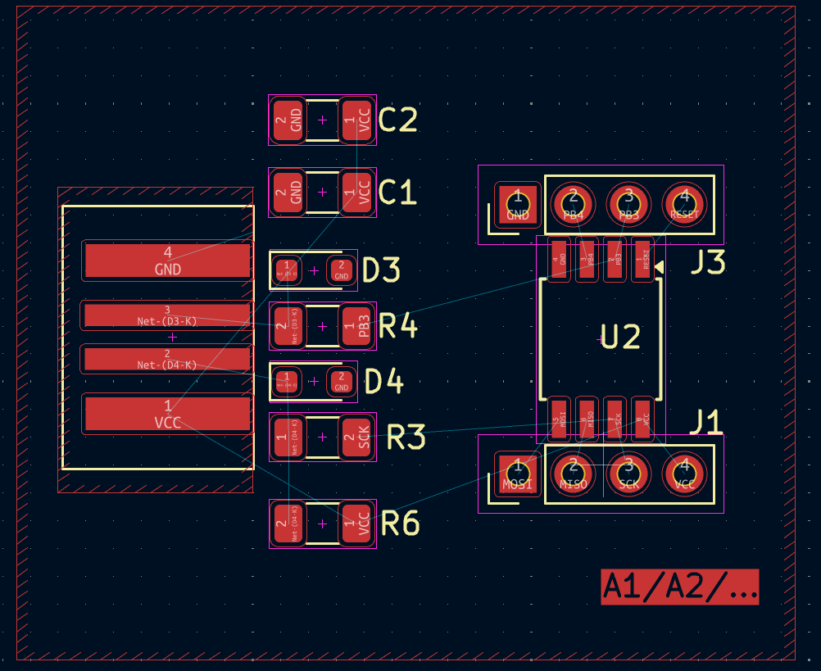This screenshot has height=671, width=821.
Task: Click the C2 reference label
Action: coord(398,120)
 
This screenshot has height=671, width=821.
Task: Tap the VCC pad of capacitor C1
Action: coord(356,192)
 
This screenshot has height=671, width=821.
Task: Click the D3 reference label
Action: coord(381,270)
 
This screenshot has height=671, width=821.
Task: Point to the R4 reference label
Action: coord(398,327)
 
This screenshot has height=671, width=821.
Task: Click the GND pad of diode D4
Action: coord(342,382)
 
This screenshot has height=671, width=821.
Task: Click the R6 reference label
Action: coord(401,524)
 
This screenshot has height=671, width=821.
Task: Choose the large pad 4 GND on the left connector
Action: coord(168,261)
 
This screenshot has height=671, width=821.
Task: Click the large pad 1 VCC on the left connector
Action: coord(168,414)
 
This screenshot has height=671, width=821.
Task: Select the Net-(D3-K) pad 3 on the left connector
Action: coord(168,315)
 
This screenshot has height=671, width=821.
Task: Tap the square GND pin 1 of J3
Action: coord(517,204)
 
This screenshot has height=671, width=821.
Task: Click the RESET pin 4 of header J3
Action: coord(684,204)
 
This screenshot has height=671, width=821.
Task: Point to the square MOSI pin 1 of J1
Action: coord(517,474)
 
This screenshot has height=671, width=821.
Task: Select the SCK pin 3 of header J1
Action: coord(628,474)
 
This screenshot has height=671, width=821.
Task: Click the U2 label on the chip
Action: coord(619,337)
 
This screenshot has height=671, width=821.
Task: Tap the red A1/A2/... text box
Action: coord(679,587)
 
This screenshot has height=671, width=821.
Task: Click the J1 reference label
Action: coord(705,423)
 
